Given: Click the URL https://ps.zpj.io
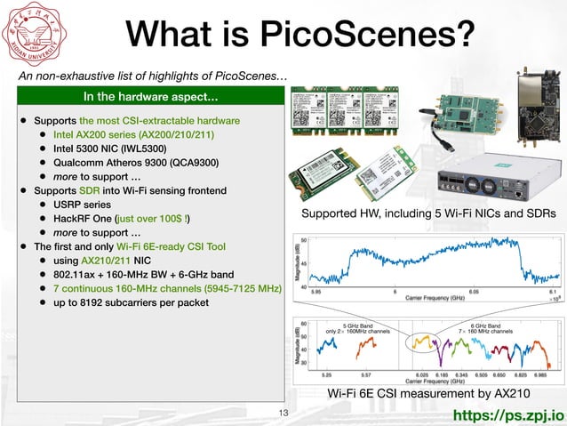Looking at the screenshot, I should point(507,414).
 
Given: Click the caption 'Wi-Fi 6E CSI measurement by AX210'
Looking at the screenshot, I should point(429,393).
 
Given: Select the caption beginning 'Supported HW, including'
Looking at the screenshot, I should point(428,213).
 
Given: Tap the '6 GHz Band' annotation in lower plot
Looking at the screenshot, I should point(484,326).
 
